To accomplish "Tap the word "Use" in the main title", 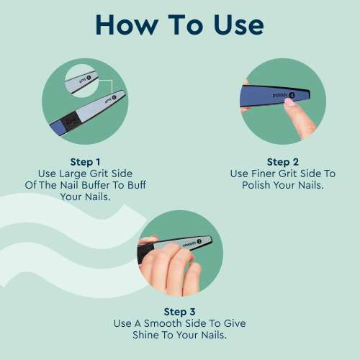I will (233, 24).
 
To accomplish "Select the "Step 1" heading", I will (86, 162).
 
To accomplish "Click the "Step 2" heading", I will (282, 162).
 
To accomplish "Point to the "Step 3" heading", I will (179, 312).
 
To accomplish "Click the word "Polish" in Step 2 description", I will (255, 185).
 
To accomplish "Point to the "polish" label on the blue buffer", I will (282, 94).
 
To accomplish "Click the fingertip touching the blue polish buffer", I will (291, 105).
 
